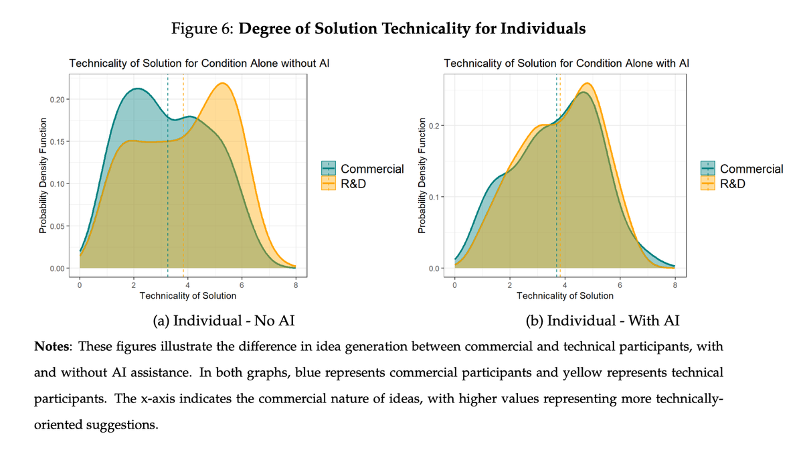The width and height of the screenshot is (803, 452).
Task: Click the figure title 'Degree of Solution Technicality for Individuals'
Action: tap(412, 29)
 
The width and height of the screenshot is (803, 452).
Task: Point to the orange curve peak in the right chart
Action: tap(587, 84)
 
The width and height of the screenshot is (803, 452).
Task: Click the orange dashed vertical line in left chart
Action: tap(183, 201)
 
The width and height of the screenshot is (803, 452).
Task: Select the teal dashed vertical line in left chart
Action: tap(168, 201)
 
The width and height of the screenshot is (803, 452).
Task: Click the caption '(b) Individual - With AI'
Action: tap(603, 321)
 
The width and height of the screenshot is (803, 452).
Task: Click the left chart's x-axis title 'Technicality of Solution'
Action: tap(187, 295)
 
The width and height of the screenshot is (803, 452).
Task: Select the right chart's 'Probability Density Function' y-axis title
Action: tap(421, 175)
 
